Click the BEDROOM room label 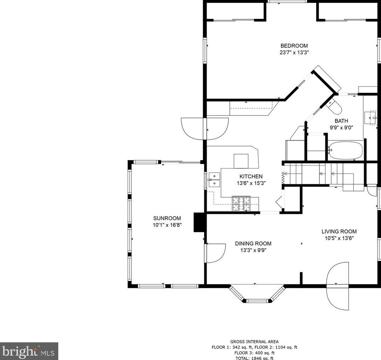click(x=294, y=46)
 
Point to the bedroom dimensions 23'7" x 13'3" click(x=294, y=52)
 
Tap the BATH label click(x=341, y=121)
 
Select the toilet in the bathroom click(x=335, y=106)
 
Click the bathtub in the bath click(x=345, y=151)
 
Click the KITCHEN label click(x=251, y=176)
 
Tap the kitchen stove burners click(x=241, y=204)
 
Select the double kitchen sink click(x=214, y=180)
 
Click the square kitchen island click(x=241, y=161)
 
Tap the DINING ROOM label click(x=253, y=243)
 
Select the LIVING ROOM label click(x=339, y=231)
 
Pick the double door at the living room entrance click(x=338, y=286)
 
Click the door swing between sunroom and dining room click(x=215, y=253)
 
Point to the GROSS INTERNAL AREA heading click(x=254, y=341)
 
